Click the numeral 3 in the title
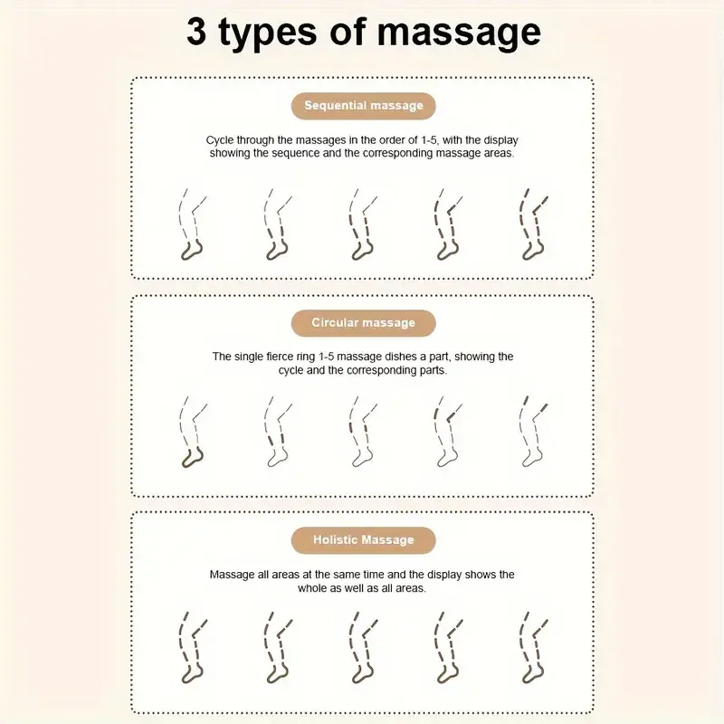pyautogui.click(x=196, y=32)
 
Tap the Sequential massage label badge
pyautogui.click(x=364, y=106)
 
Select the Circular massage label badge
pyautogui.click(x=364, y=323)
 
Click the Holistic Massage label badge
pyautogui.click(x=364, y=539)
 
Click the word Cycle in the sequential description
pyautogui.click(x=219, y=140)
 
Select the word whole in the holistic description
pyautogui.click(x=313, y=588)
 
